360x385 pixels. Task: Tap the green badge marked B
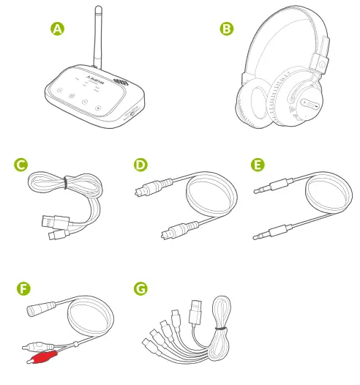pos(227,29)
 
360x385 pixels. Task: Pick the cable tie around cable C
pos(64,182)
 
